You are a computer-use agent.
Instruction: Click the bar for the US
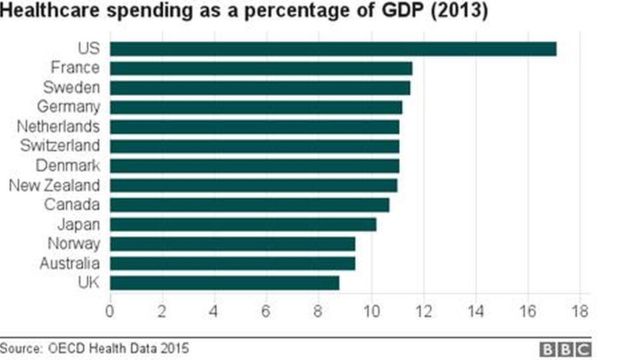tap(332, 49)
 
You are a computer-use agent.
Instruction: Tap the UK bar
tap(224, 282)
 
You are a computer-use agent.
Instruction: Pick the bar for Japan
tap(242, 224)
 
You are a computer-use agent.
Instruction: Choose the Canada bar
tap(249, 205)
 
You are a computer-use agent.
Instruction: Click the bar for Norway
tap(232, 243)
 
